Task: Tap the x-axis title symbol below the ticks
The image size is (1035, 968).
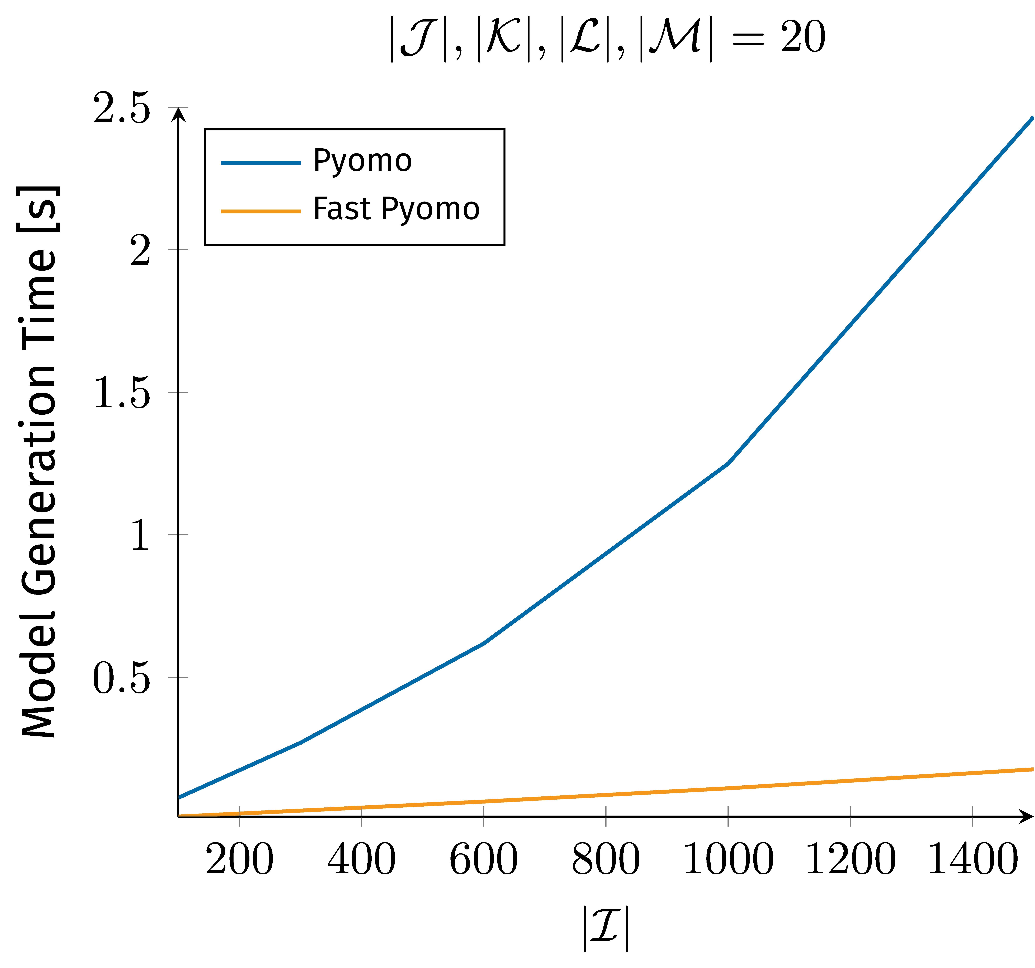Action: coord(605,928)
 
